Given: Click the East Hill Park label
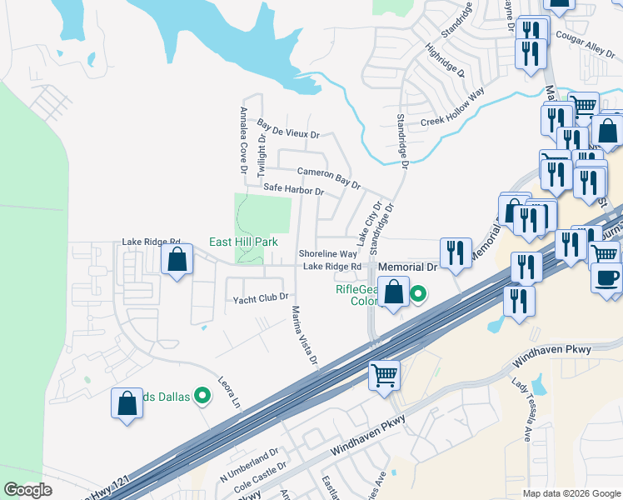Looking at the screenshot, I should click(x=242, y=241).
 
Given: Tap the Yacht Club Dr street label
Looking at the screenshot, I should click(x=261, y=297).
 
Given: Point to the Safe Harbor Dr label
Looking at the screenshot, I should click(x=293, y=189).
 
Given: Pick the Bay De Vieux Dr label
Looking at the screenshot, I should click(x=288, y=129).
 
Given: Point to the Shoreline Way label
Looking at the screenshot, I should click(x=327, y=253).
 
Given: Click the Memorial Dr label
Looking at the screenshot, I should click(x=408, y=267).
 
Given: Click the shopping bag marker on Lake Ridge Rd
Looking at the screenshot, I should click(x=177, y=261).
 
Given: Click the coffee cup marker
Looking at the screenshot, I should click(x=606, y=277).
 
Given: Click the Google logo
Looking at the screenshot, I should click(x=28, y=491).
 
